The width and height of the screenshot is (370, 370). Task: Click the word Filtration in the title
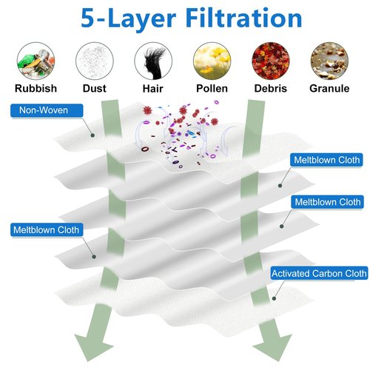point(243,18)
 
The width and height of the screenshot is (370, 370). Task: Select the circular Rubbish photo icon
point(36,61)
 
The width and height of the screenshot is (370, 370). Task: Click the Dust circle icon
point(95,61)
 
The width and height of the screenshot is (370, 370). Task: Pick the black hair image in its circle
point(153,61)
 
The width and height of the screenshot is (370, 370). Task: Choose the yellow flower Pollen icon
point(212,61)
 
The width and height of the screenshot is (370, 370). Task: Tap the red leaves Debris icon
point(271,61)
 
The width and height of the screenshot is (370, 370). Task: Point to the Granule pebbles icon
point(329,61)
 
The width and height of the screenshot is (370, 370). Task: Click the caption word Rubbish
point(36,88)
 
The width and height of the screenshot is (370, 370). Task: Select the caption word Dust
point(95,88)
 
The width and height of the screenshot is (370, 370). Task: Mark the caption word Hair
point(153,88)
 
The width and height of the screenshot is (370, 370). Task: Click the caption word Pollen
point(212,88)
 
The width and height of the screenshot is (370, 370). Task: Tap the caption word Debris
point(271,88)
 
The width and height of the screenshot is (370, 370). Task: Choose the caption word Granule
point(329,88)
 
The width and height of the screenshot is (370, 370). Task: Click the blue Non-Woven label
point(47,110)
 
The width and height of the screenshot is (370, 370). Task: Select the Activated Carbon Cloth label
point(319,273)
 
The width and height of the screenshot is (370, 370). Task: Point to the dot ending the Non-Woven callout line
point(92,135)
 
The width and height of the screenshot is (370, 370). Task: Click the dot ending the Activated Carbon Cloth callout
point(274,298)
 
